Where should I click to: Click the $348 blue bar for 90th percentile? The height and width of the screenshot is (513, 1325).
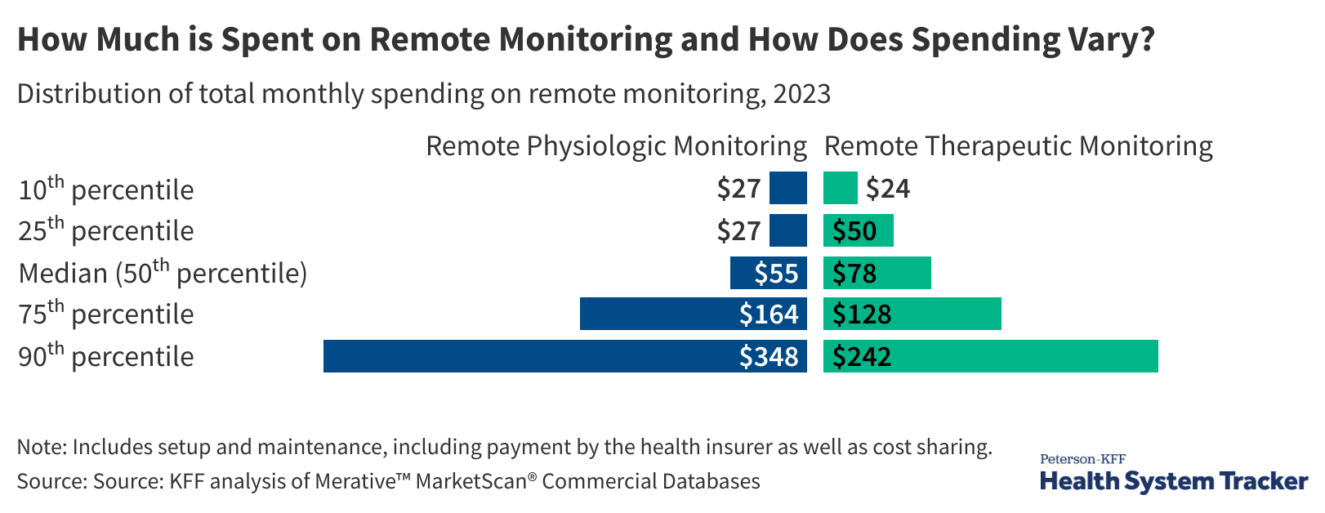click(x=565, y=356)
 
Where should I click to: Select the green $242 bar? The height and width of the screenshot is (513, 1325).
click(x=990, y=356)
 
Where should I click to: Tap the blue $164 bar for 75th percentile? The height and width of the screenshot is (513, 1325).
click(x=693, y=314)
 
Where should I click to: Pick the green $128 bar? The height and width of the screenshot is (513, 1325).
click(x=912, y=314)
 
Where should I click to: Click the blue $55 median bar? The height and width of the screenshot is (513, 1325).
click(x=768, y=273)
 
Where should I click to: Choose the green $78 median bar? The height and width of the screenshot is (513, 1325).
click(x=877, y=273)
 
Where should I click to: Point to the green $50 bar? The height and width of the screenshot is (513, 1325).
click(x=858, y=230)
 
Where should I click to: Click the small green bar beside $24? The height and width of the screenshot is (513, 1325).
click(x=840, y=188)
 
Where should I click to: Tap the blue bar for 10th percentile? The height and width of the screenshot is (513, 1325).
click(x=787, y=188)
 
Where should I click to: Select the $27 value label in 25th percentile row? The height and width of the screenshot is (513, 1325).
click(x=738, y=231)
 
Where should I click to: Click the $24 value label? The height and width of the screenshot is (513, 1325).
click(x=888, y=189)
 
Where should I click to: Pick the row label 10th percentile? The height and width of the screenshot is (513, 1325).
click(x=106, y=190)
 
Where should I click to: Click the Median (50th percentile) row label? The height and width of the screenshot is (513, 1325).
click(x=163, y=273)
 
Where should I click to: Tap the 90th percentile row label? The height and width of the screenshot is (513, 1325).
click(x=106, y=356)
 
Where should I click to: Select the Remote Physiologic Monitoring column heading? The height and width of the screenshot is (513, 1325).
click(x=616, y=146)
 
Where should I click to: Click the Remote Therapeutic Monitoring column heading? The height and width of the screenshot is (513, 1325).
click(x=1018, y=146)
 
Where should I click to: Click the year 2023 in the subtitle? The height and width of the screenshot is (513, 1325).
click(x=801, y=94)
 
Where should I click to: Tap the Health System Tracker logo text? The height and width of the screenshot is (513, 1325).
click(x=1173, y=481)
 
